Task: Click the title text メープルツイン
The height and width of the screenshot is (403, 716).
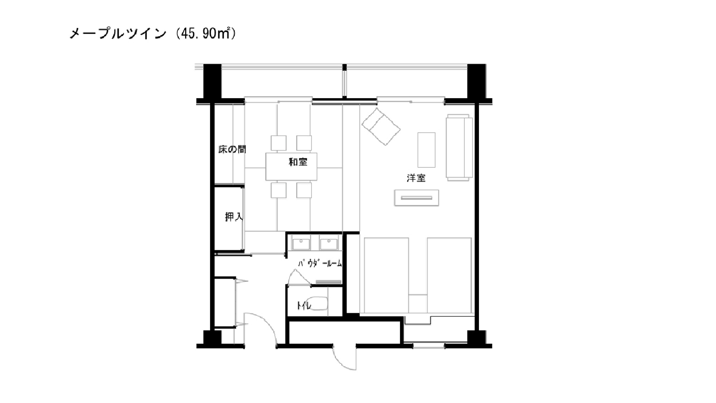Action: coord(118,34)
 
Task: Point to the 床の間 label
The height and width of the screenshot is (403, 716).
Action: coord(232,149)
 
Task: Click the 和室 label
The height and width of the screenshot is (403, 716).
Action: coord(298,162)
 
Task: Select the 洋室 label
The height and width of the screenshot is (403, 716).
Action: coord(416,178)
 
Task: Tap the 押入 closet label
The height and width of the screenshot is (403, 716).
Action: coord(234,217)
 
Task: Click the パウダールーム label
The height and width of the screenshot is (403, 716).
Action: coord(320,264)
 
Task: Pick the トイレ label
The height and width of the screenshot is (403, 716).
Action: coord(304,306)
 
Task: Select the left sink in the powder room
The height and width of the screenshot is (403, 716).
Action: coord(301,244)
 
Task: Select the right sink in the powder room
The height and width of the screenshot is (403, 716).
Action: coord(329,244)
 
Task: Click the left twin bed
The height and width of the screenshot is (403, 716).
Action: coord(386,275)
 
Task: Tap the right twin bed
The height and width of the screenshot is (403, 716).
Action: coord(449,275)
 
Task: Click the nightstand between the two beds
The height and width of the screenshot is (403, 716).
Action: coord(418,303)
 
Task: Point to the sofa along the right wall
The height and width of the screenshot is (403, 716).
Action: coord(459,148)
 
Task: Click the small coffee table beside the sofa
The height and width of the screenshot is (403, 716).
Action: coord(426,150)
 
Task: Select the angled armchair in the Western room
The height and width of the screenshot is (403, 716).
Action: coord(381,126)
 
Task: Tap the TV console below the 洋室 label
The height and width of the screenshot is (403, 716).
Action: coord(416,198)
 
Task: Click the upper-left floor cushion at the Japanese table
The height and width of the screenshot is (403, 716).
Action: coord(279,143)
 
